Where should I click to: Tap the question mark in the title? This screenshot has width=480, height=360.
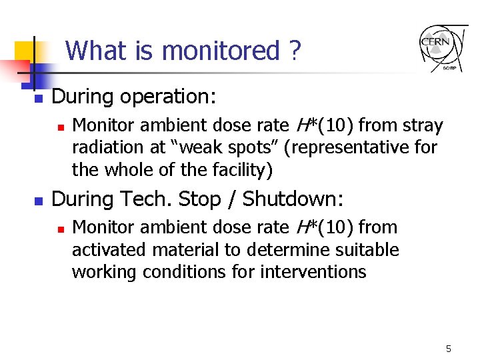pos(295,51)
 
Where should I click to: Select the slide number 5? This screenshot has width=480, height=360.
pos(449,349)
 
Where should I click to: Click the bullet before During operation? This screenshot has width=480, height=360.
pos(39,98)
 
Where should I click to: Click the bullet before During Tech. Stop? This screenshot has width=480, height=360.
pos(39,200)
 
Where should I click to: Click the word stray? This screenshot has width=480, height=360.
pos(423,125)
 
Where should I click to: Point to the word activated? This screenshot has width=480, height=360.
pos(111,250)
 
